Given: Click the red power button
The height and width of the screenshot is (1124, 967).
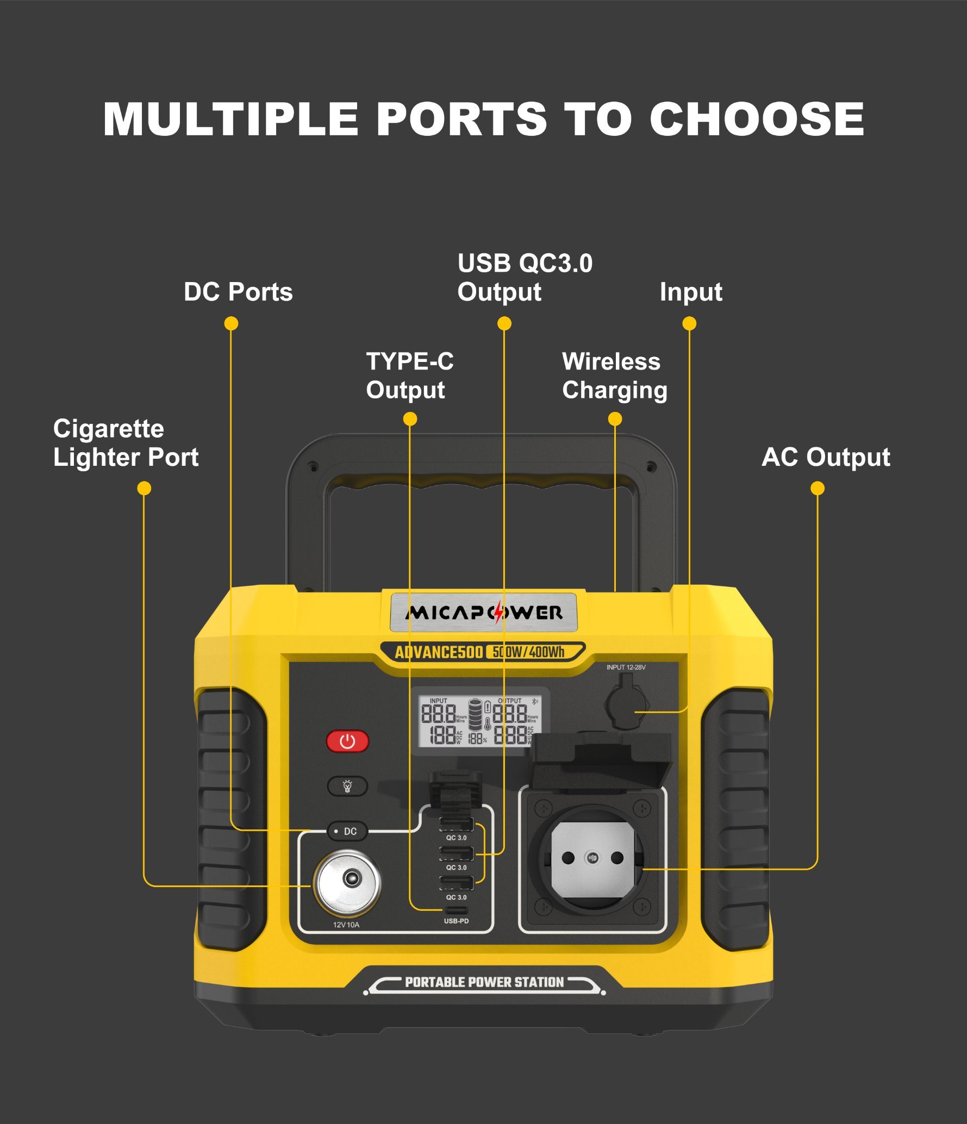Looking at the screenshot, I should (x=347, y=741).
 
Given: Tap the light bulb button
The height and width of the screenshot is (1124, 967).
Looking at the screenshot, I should (x=347, y=786).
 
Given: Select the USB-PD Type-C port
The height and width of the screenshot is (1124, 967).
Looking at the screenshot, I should (x=456, y=911).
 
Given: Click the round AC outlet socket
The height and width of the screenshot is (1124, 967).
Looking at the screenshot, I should (x=592, y=859).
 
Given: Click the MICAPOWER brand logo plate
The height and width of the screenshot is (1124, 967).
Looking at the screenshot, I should (x=483, y=613).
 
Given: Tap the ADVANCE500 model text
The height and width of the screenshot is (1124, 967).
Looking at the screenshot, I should (x=439, y=652).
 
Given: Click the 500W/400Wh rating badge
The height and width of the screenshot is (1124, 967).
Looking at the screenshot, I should (x=528, y=652).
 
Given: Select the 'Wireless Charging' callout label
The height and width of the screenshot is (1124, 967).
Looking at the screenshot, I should (x=614, y=376).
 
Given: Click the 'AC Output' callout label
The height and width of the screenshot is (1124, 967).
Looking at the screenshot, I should (x=826, y=457).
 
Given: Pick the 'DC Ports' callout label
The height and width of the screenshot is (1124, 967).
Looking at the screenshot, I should (x=238, y=292).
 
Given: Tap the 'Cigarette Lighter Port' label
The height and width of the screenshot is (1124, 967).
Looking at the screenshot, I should (x=126, y=443).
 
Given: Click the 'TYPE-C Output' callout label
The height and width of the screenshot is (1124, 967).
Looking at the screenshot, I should (x=409, y=376).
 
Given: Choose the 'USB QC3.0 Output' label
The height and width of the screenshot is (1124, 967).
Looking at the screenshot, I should (x=525, y=278).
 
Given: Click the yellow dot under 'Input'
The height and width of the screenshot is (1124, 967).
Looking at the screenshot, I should (x=689, y=324).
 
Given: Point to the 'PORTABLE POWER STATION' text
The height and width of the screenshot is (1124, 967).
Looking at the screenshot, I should (x=484, y=982).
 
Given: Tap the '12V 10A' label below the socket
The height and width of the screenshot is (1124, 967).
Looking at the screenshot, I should (x=346, y=925).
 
